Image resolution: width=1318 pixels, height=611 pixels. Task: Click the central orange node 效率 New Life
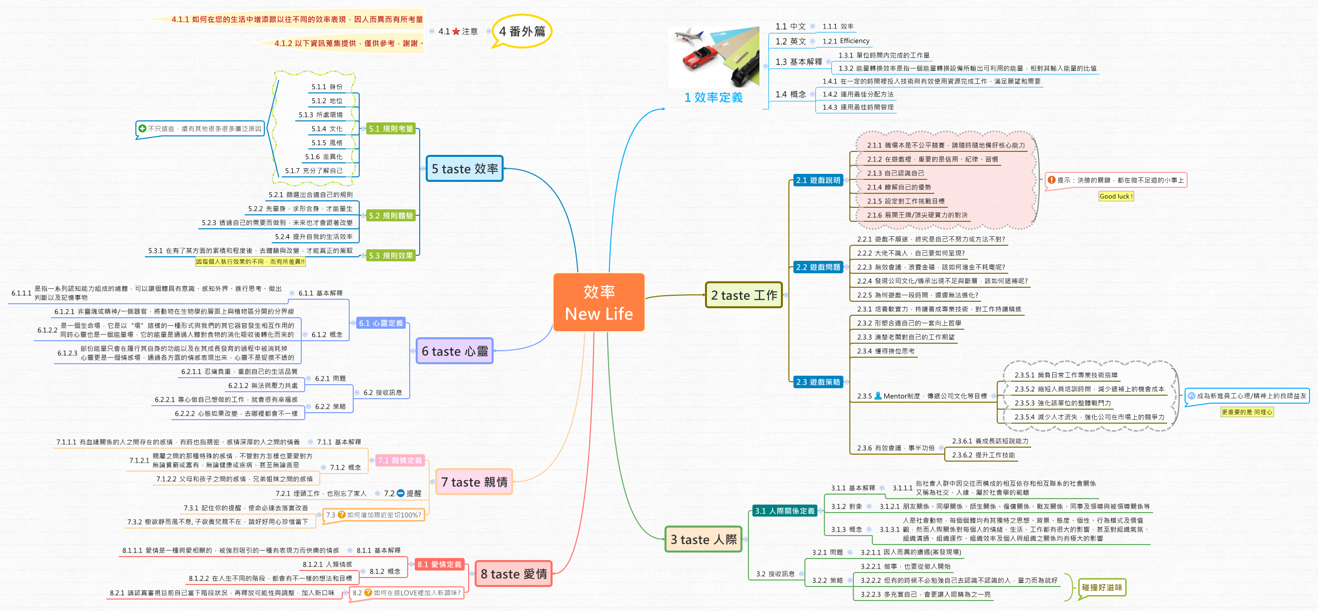(599, 302)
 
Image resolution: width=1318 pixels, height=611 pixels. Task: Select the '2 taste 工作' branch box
(743, 295)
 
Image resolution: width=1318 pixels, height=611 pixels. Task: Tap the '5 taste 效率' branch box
(465, 169)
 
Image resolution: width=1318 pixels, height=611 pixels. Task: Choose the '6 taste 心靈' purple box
(454, 351)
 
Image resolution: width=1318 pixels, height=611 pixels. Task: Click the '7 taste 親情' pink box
(474, 482)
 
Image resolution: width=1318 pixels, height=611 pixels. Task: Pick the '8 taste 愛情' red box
(514, 574)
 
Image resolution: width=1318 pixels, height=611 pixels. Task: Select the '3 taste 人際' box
(703, 540)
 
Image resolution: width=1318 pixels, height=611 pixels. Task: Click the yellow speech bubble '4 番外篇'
(522, 31)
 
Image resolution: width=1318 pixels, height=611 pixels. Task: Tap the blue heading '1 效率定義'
(713, 97)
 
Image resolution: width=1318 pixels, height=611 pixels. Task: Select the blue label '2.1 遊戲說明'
(817, 180)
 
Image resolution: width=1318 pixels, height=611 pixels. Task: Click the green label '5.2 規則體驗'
(391, 216)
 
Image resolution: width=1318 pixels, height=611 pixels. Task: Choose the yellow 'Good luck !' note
(1116, 196)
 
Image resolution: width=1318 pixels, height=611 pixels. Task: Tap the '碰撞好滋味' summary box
(1102, 588)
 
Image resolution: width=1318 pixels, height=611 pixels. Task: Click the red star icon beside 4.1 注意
(456, 32)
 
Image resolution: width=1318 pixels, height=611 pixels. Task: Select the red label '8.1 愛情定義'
(439, 565)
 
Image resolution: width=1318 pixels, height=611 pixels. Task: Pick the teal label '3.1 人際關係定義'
(784, 511)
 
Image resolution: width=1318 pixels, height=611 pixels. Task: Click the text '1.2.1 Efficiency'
(846, 41)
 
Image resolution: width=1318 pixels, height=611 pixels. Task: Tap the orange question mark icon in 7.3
(341, 515)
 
